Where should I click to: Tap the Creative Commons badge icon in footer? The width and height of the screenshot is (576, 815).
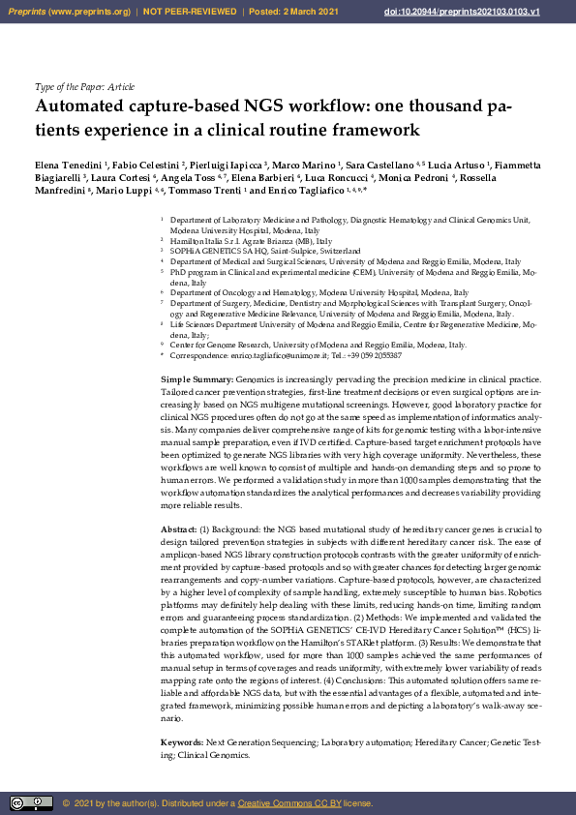[x=31, y=802]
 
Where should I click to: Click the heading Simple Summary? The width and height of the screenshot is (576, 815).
[x=197, y=378]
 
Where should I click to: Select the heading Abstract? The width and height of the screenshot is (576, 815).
[x=179, y=529]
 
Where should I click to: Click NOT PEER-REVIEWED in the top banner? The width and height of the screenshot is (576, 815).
[x=192, y=11]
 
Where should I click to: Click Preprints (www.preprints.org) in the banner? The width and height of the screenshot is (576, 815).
[x=68, y=11]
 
